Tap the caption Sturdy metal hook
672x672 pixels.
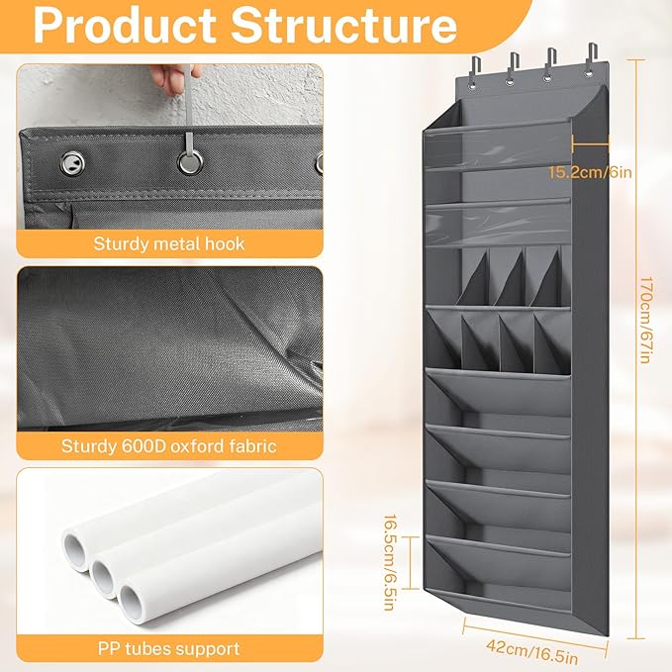169,243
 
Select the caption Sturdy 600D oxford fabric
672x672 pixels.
169,446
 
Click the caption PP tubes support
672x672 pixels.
169,648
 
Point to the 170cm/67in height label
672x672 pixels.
645,320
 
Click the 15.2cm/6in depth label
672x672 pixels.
590,172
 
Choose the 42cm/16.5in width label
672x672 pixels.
531,651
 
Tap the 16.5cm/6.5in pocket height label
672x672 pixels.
389,562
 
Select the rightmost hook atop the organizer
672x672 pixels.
591,59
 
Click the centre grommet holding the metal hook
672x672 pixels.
190,162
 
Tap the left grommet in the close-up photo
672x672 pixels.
72,163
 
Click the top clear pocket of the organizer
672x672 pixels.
497,146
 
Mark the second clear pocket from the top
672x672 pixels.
497,224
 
